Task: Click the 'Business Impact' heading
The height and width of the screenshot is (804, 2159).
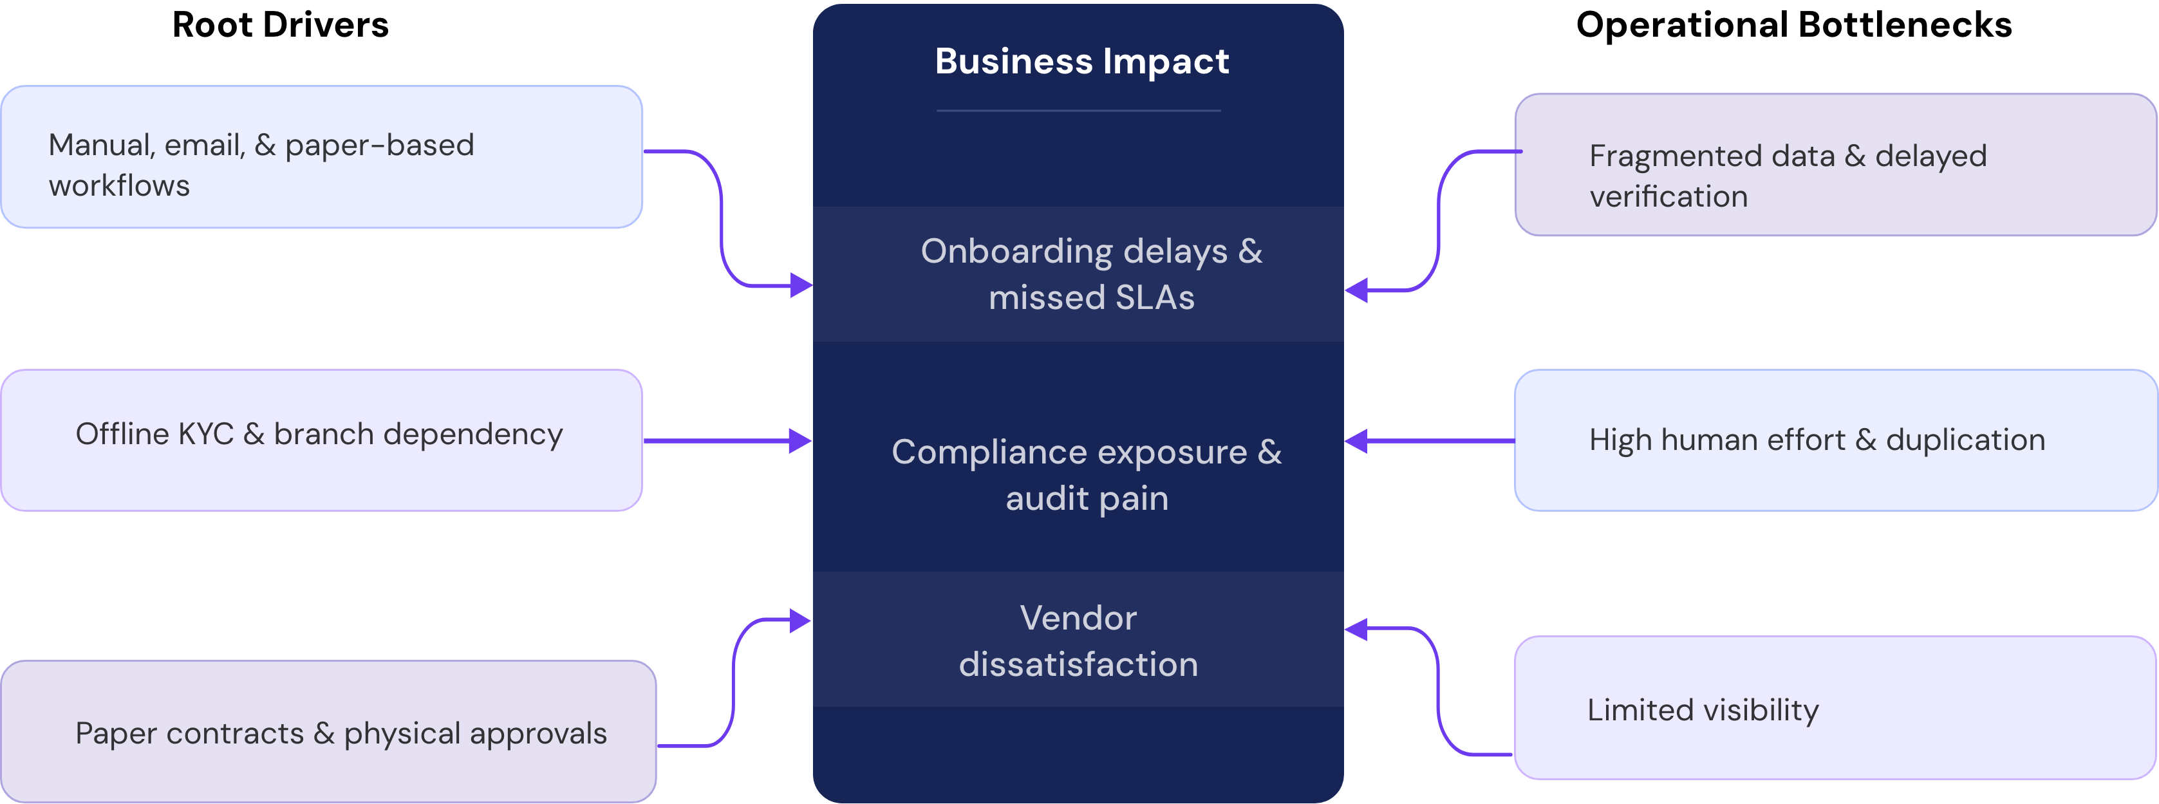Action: click(x=1081, y=61)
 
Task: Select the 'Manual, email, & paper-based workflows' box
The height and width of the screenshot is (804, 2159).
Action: click(x=322, y=157)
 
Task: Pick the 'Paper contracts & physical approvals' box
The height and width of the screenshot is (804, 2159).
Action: click(x=328, y=732)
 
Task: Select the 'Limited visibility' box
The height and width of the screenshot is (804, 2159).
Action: click(x=1835, y=709)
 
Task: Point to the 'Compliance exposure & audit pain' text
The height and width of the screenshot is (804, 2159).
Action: click(x=1086, y=474)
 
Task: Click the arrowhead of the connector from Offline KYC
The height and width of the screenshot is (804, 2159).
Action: click(x=800, y=440)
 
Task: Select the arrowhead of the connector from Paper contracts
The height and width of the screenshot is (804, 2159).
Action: click(x=800, y=621)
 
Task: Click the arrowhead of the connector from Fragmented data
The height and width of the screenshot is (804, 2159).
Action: click(x=1356, y=290)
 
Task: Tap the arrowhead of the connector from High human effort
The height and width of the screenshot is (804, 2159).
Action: click(x=1356, y=440)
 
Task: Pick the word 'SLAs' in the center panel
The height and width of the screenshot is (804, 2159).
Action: click(x=1154, y=297)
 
